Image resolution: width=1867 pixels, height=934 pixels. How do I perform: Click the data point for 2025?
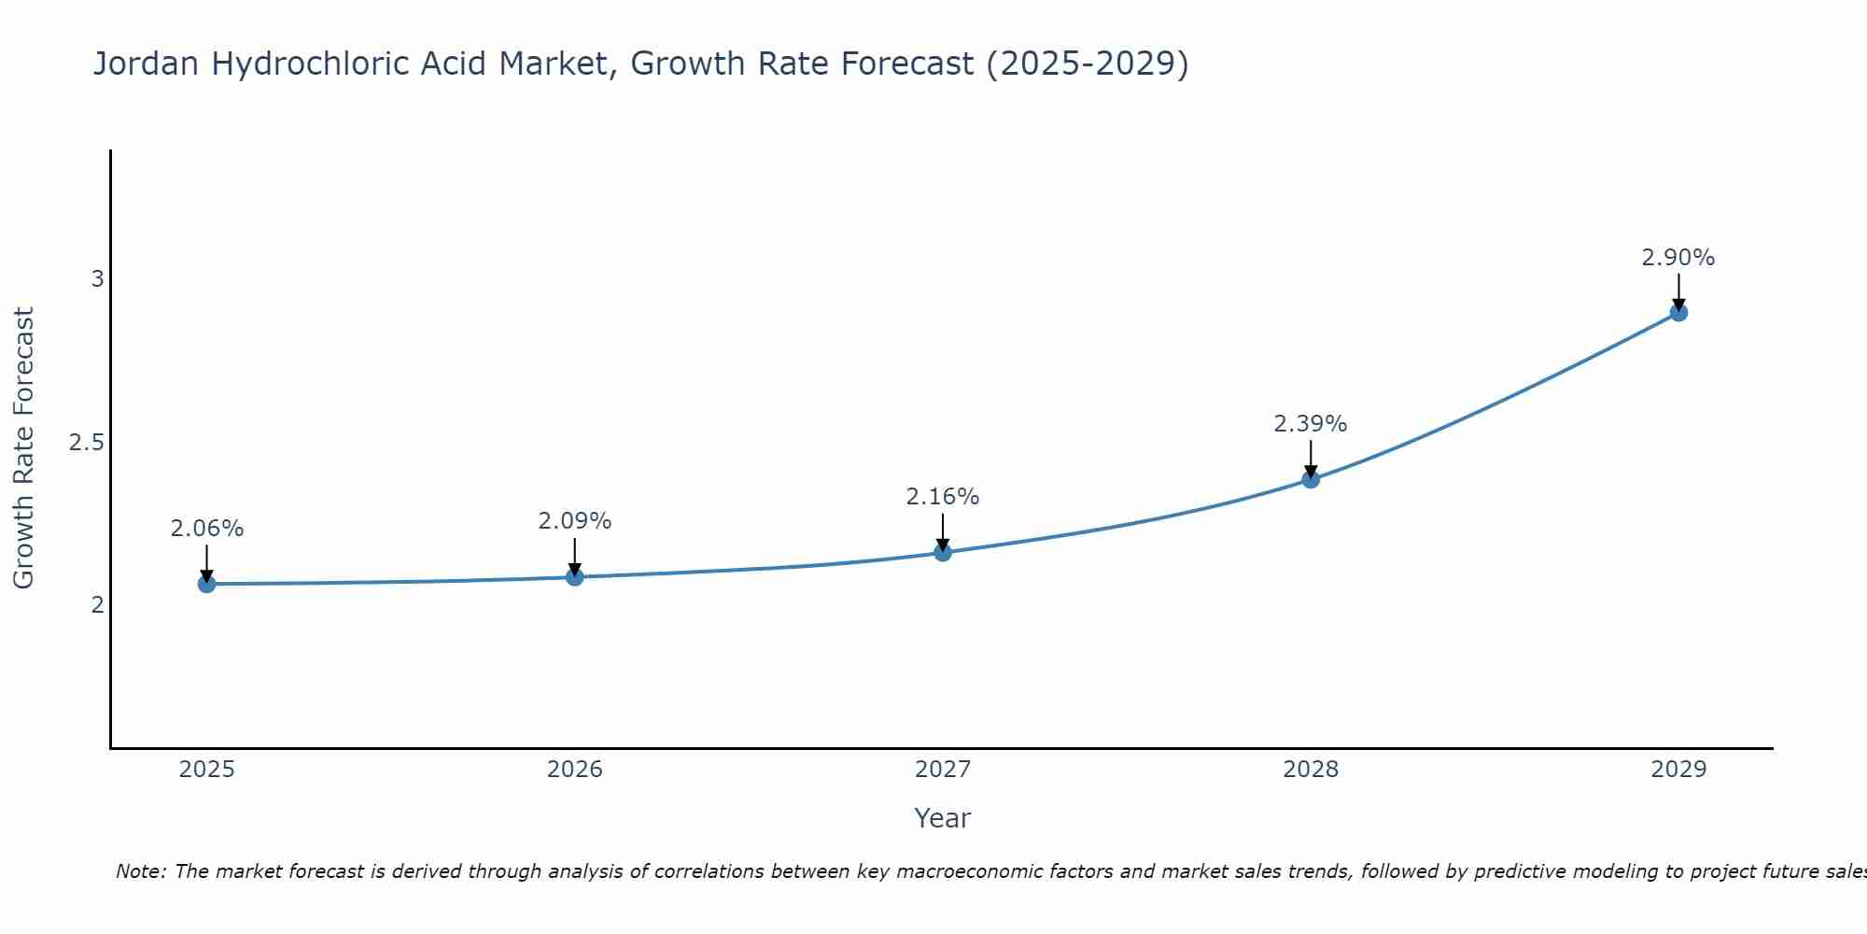pyautogui.click(x=206, y=584)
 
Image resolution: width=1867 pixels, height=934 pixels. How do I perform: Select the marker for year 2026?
pyautogui.click(x=574, y=577)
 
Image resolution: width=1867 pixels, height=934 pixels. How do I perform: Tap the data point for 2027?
pyautogui.click(x=942, y=552)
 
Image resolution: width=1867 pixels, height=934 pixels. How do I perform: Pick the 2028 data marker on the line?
pyautogui.click(x=1310, y=479)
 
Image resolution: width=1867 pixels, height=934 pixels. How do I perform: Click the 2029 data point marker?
pyautogui.click(x=1677, y=312)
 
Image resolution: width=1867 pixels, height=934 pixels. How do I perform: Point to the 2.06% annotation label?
pyautogui.click(x=206, y=529)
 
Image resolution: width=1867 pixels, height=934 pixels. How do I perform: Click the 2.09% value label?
pyautogui.click(x=574, y=521)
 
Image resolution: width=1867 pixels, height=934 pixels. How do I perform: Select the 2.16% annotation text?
pyautogui.click(x=942, y=497)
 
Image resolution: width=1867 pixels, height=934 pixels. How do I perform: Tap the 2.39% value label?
pyautogui.click(x=1310, y=424)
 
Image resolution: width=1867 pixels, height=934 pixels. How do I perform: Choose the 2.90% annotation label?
pyautogui.click(x=1677, y=258)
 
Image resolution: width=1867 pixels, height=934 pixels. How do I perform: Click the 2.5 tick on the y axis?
pyautogui.click(x=86, y=443)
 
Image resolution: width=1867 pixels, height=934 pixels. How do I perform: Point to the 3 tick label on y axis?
pyautogui.click(x=97, y=279)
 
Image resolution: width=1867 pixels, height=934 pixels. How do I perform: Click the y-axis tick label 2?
pyautogui.click(x=97, y=605)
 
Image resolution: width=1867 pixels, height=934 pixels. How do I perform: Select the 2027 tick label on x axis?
pyautogui.click(x=942, y=770)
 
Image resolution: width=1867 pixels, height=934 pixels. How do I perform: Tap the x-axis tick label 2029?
pyautogui.click(x=1677, y=770)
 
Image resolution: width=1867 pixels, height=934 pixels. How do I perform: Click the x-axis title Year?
pyautogui.click(x=942, y=818)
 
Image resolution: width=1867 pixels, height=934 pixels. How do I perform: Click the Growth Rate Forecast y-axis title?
pyautogui.click(x=23, y=448)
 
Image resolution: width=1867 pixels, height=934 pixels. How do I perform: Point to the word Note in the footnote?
pyautogui.click(x=140, y=871)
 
